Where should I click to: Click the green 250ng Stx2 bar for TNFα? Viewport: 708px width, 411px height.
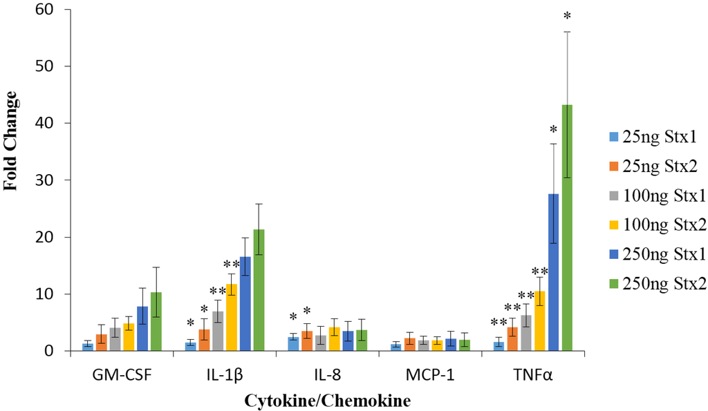click(x=567, y=228)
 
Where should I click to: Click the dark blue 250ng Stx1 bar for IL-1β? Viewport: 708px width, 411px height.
click(x=245, y=304)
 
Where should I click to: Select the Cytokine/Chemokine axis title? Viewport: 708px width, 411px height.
click(x=333, y=400)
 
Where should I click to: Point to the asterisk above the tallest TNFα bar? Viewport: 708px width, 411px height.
click(x=567, y=17)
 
